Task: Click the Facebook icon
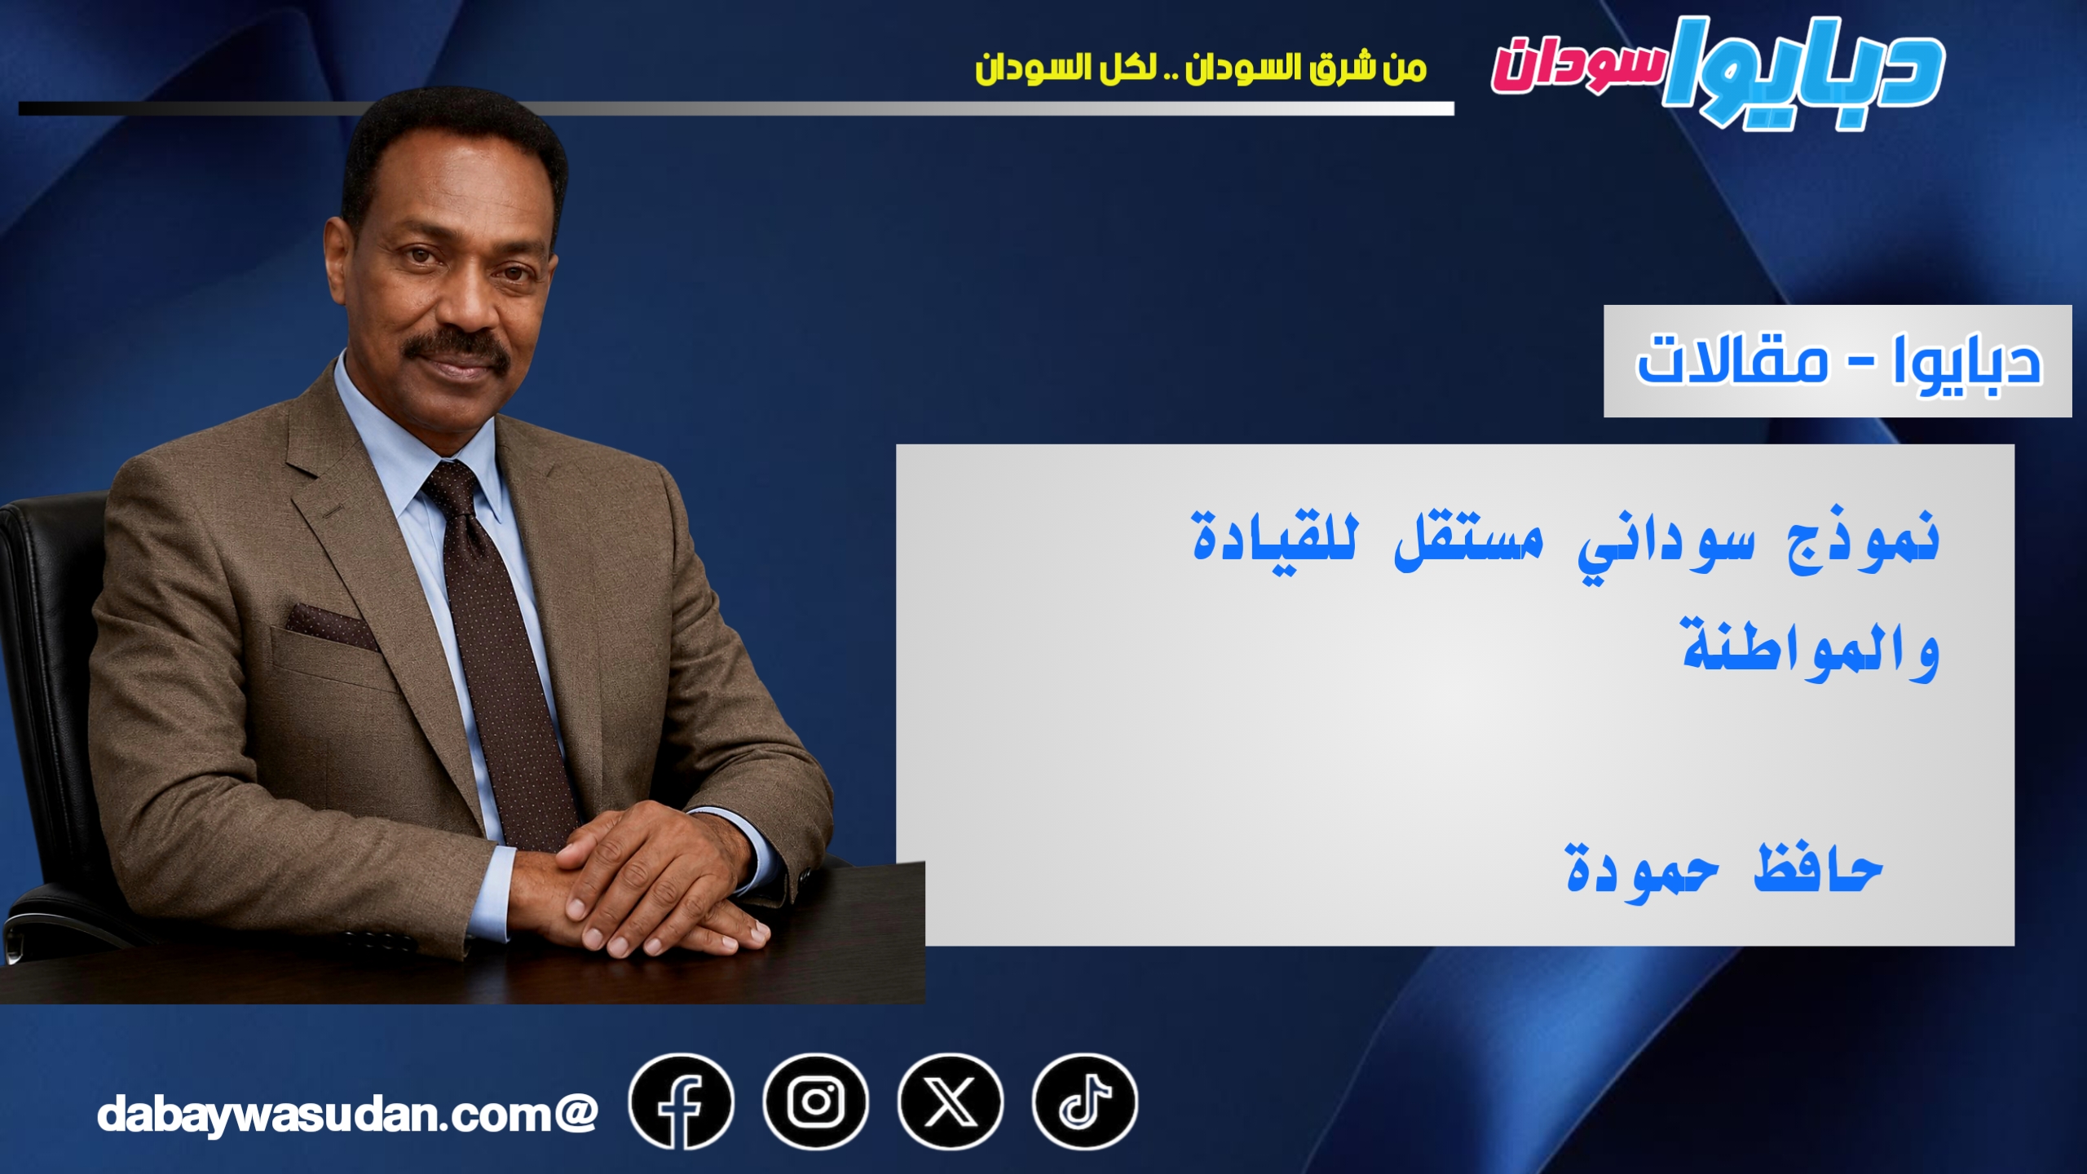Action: (681, 1102)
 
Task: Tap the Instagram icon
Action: (815, 1102)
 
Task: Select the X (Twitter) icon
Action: (950, 1102)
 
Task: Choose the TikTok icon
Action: (1084, 1102)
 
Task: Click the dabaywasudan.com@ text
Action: (347, 1114)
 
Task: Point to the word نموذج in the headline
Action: (1862, 540)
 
